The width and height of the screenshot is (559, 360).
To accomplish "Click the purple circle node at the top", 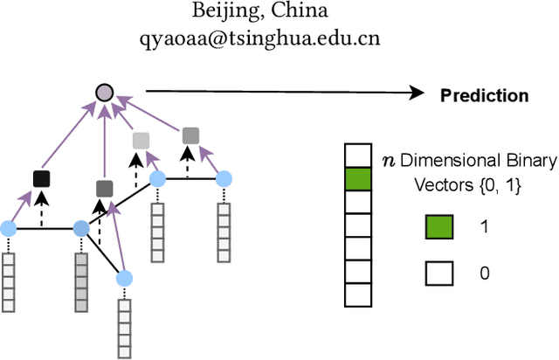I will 104,91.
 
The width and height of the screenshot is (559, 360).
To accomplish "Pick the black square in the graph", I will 40,179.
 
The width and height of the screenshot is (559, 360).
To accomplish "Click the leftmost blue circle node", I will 9,229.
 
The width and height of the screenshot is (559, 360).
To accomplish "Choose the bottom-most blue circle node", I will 125,278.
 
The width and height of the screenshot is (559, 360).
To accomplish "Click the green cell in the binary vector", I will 357,179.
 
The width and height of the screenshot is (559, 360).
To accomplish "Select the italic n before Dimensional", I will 389,159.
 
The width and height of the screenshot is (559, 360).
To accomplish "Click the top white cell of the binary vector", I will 357,156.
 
